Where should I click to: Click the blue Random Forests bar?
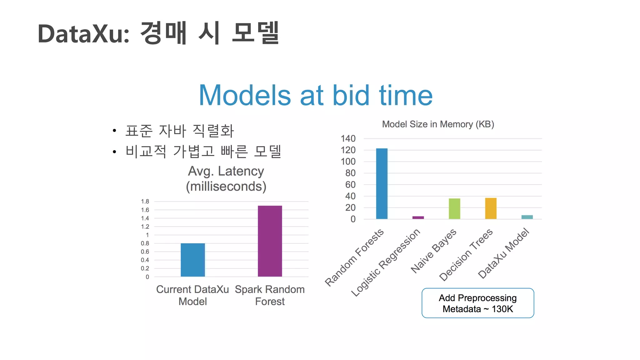(x=382, y=184)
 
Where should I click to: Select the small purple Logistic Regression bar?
(x=418, y=217)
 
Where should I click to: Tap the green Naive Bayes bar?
(x=454, y=208)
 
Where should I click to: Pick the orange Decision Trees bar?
(x=491, y=208)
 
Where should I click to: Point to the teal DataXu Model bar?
(x=527, y=217)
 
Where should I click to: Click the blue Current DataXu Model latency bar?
(x=193, y=260)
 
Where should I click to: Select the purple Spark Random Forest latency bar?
(x=270, y=241)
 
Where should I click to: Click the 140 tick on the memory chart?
(x=348, y=138)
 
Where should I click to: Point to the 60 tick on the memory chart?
(x=350, y=185)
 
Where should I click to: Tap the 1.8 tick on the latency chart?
(x=145, y=201)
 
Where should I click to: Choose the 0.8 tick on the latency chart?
(x=145, y=243)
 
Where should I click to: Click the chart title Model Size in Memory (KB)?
(x=438, y=124)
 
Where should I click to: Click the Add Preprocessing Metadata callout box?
(x=477, y=303)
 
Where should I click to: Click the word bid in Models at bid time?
(x=351, y=95)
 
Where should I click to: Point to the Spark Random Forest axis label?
(x=270, y=295)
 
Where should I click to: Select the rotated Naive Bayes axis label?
(x=434, y=251)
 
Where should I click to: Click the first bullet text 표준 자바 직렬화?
(x=179, y=131)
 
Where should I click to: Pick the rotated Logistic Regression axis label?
(x=386, y=262)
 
